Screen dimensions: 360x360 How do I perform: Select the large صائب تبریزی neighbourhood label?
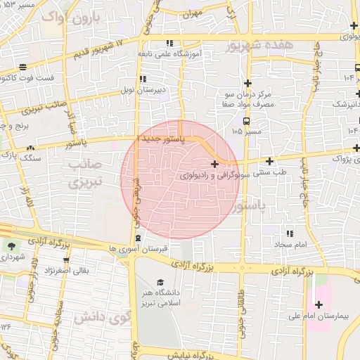[86, 173]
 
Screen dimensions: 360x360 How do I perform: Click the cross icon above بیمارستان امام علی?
[320, 304]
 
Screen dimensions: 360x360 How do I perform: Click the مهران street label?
[191, 13]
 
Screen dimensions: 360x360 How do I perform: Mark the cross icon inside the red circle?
[214, 164]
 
